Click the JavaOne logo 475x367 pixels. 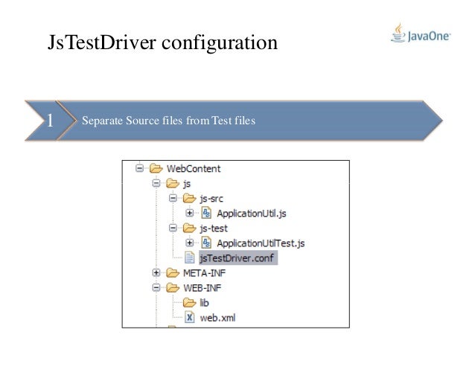(x=420, y=34)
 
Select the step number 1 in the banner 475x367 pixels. (x=50, y=121)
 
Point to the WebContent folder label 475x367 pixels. (x=194, y=168)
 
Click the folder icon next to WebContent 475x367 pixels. (x=156, y=168)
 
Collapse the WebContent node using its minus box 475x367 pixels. (x=139, y=168)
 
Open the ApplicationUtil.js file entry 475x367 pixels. (x=251, y=214)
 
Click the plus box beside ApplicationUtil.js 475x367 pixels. (x=190, y=214)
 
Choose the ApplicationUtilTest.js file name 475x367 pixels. (x=260, y=243)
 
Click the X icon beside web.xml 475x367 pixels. (x=189, y=317)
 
